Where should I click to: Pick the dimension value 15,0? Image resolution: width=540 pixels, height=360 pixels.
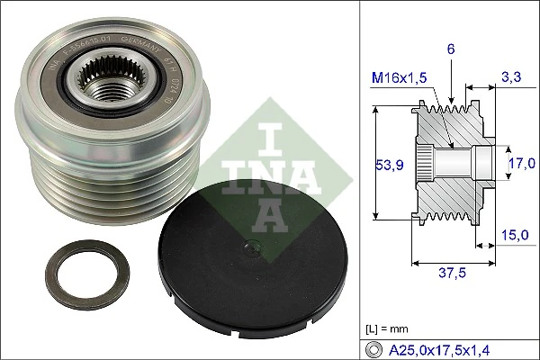(513, 235)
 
